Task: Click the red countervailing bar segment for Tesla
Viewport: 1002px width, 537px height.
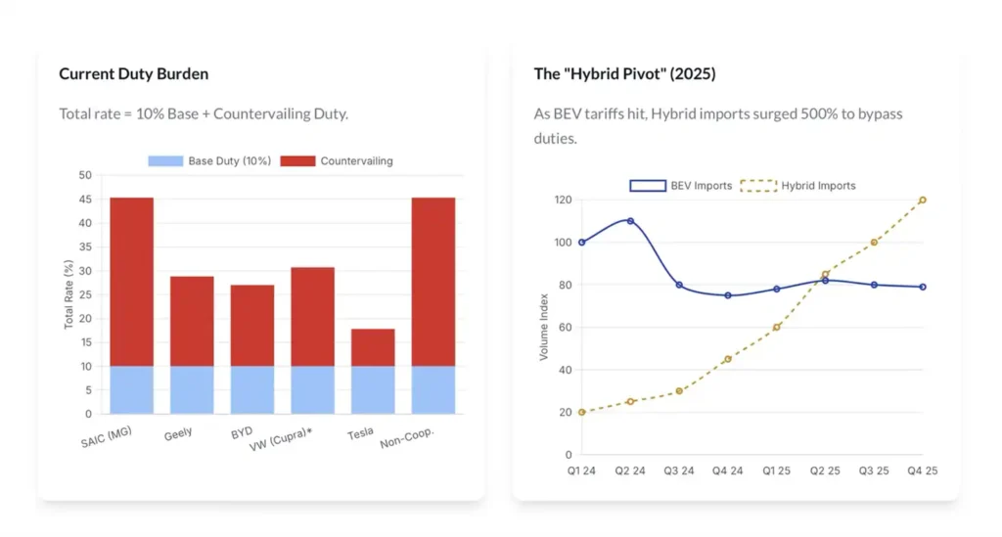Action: click(x=373, y=347)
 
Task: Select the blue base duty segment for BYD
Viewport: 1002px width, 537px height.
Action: click(x=252, y=389)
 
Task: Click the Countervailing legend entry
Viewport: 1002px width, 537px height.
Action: click(x=337, y=160)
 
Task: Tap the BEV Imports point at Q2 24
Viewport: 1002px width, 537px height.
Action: click(x=630, y=221)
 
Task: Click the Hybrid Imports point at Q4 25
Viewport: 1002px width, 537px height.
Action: click(x=923, y=200)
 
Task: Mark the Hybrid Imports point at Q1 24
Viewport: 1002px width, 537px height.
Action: click(x=581, y=412)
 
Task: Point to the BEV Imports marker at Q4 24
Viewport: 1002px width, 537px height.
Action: click(x=728, y=295)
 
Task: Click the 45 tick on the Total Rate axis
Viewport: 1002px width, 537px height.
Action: click(x=85, y=200)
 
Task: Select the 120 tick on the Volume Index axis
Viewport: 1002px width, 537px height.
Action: click(x=563, y=200)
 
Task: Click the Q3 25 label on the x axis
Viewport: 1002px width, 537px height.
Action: click(x=874, y=471)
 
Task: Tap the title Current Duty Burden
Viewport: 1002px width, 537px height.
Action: click(x=133, y=74)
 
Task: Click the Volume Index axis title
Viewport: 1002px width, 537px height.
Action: click(x=544, y=327)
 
